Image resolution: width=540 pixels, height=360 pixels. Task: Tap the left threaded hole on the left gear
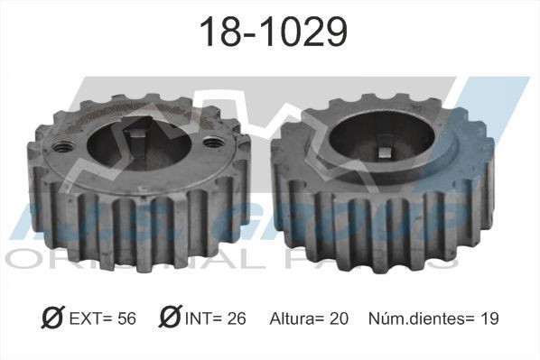click(63, 146)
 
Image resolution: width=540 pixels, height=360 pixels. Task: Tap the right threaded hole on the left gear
click(212, 142)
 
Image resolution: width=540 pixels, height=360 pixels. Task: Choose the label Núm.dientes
click(414, 318)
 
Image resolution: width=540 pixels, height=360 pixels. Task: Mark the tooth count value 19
click(489, 318)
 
